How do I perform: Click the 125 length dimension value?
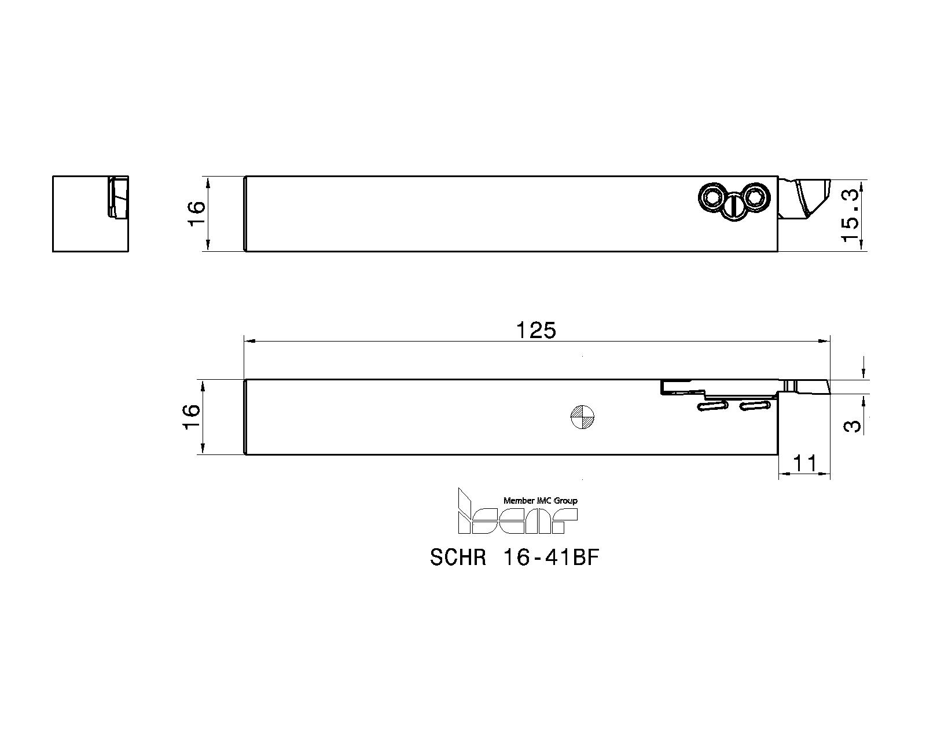point(536,330)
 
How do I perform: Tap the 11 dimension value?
point(804,464)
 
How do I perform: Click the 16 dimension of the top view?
point(197,213)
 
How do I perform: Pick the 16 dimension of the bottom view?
point(192,417)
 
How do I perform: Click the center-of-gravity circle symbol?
point(582,417)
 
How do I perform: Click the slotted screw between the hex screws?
point(734,208)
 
